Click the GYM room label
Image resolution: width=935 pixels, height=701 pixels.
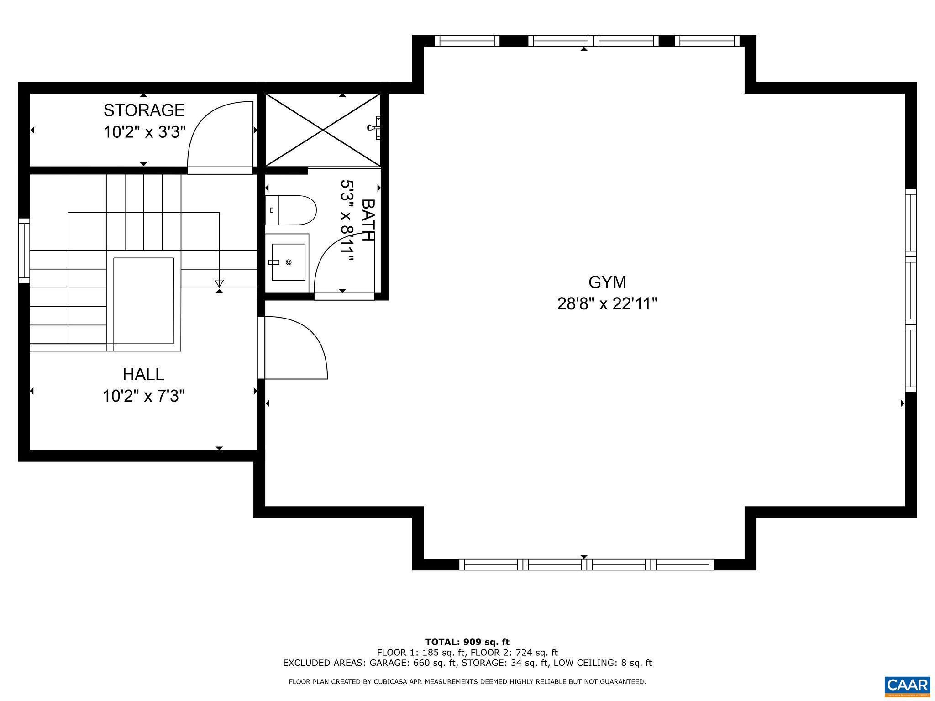pos(607,282)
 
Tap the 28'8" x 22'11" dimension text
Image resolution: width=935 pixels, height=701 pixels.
pos(607,304)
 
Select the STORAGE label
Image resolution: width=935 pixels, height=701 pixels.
pos(144,110)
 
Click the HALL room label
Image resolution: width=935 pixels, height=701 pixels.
pos(143,375)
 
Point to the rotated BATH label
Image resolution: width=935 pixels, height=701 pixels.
pos(368,220)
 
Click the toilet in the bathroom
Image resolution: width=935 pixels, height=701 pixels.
pos(292,210)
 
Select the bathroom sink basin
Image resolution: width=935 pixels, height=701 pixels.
pos(288,262)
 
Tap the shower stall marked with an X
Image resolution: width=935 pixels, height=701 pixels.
pos(323,130)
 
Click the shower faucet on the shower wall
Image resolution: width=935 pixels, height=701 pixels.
pos(374,127)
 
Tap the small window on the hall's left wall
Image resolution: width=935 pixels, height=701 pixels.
pos(24,251)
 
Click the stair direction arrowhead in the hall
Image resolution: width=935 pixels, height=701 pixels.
pos(219,283)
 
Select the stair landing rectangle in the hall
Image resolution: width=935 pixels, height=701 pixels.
pos(143,301)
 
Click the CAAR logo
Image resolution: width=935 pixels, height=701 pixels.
pos(907,686)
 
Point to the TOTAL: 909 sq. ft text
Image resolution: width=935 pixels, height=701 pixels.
pos(467,642)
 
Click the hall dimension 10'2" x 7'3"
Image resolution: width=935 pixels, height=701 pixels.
pos(143,396)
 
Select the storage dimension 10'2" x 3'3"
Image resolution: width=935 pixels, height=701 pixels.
pos(144,132)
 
